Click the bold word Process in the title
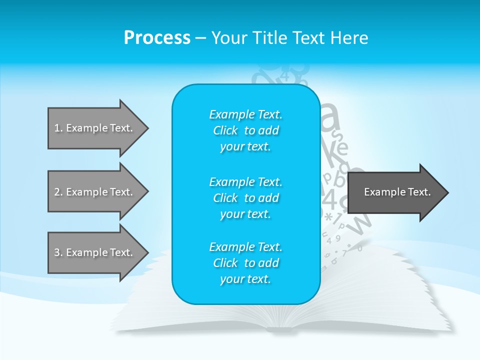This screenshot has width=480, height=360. [157, 38]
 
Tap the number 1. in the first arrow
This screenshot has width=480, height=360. [58, 128]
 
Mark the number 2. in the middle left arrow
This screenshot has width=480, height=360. [58, 192]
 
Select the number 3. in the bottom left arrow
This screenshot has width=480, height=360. [58, 252]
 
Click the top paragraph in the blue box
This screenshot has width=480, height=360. [245, 130]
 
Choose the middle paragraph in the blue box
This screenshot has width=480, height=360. [245, 198]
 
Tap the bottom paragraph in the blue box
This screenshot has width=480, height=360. [245, 263]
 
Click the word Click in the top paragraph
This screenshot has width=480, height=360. [225, 130]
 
